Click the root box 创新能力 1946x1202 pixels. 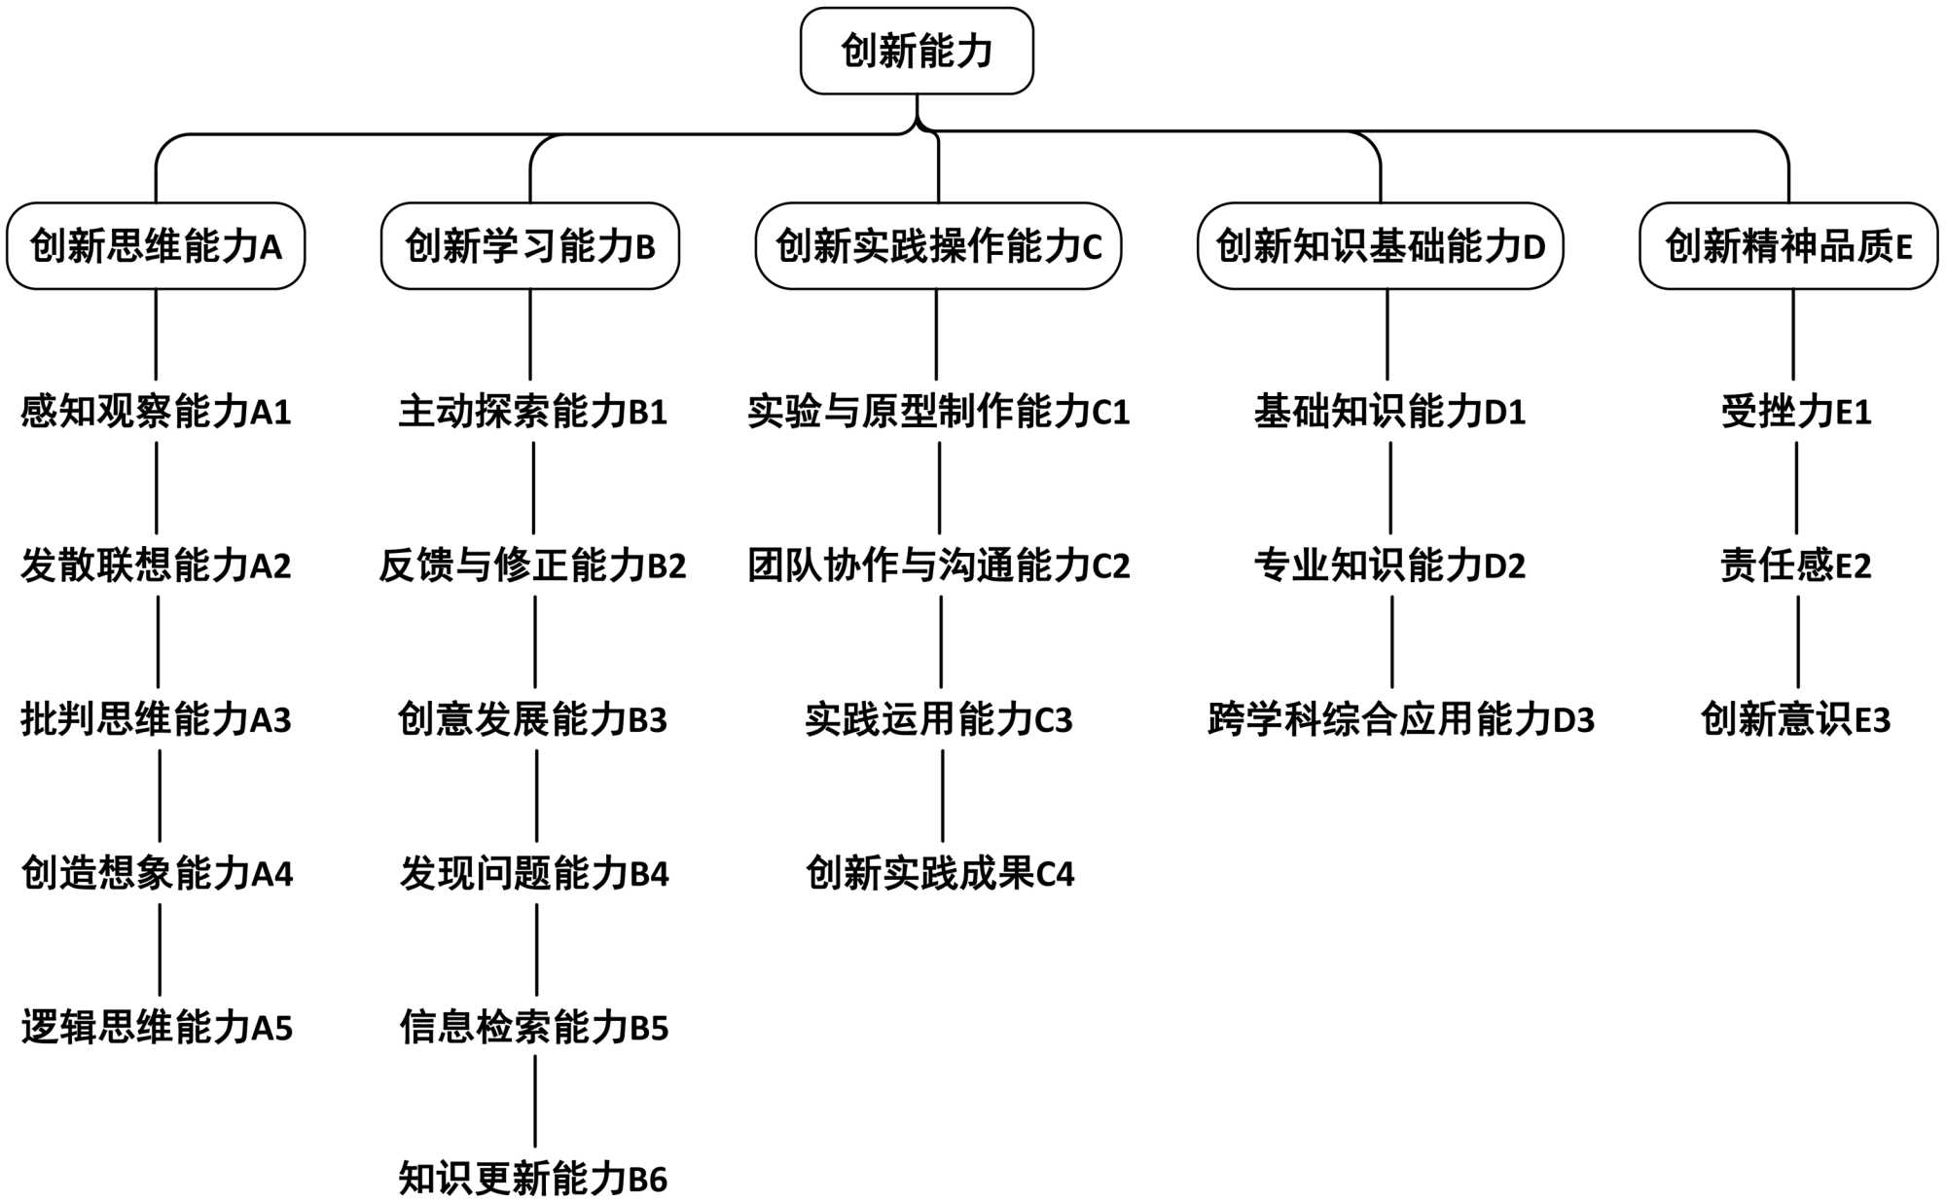pos(917,52)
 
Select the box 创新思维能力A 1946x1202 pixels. pos(156,246)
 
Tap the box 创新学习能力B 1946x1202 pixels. pos(530,246)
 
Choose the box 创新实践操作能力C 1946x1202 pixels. pos(938,246)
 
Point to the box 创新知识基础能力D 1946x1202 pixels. pos(1380,246)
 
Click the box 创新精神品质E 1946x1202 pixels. pos(1788,246)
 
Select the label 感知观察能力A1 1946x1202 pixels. pos(156,412)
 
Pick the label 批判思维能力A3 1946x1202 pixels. pos(156,719)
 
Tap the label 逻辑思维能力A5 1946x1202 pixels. pos(157,1027)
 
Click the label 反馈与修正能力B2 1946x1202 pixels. pos(532,565)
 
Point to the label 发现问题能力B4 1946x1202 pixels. pos(534,873)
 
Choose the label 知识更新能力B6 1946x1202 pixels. pos(533,1179)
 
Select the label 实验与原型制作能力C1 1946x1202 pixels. pos(938,412)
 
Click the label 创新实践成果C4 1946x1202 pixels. pos(940,873)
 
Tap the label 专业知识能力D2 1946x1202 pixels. pos(1389,565)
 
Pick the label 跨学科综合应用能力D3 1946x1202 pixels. pos(1401,719)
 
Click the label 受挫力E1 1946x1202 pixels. pos(1796,412)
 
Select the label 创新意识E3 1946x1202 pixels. pos(1796,719)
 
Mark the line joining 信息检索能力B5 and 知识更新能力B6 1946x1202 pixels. pos(535,1102)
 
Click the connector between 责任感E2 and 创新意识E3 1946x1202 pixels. pos(1798,642)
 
